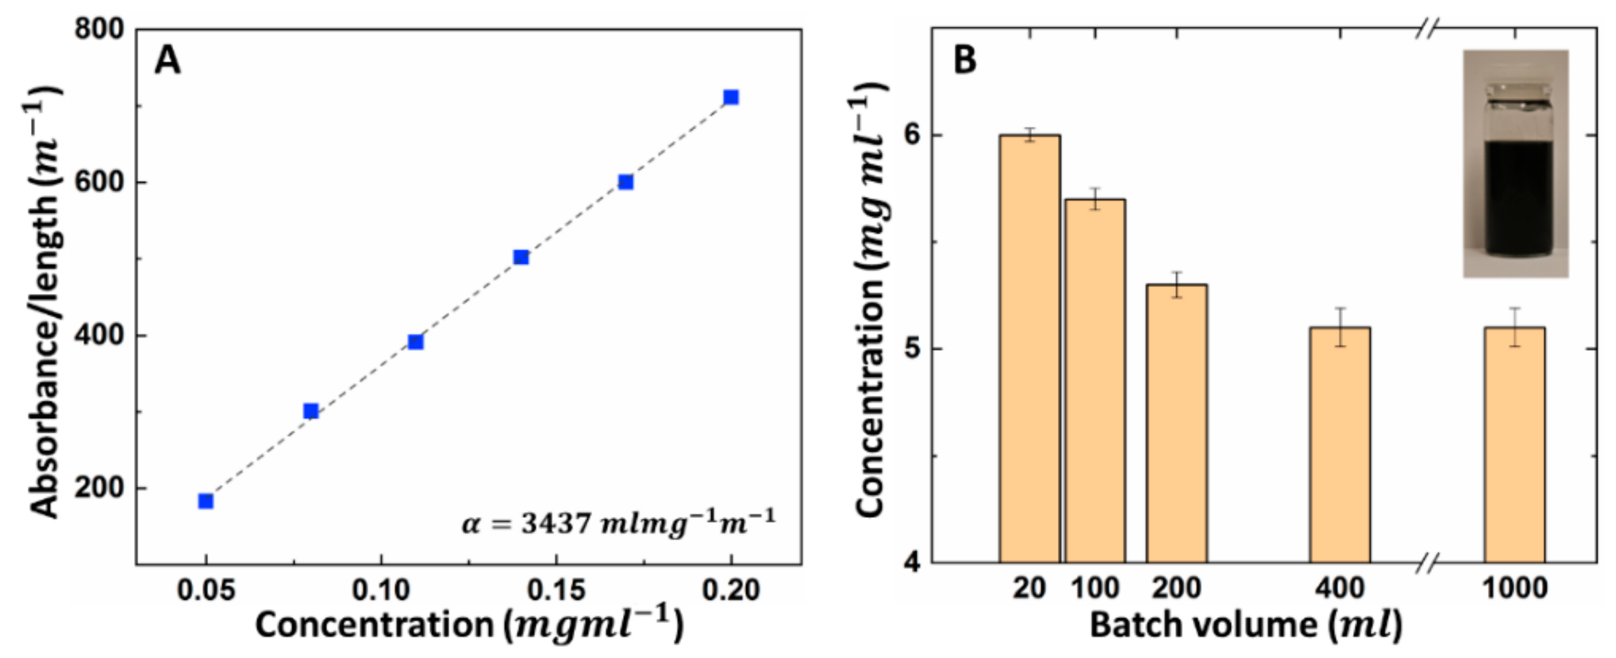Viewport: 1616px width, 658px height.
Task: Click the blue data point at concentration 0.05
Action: pos(206,501)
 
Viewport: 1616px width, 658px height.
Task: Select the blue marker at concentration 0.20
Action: pos(731,97)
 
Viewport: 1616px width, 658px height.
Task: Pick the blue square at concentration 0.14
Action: pos(521,257)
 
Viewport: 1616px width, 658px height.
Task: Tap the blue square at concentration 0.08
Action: pos(311,411)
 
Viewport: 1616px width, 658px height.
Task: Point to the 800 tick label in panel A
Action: pos(100,30)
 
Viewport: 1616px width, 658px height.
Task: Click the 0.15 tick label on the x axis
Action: pos(556,591)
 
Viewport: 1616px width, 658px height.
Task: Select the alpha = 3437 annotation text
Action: pos(619,521)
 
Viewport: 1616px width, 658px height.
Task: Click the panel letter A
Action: pos(167,61)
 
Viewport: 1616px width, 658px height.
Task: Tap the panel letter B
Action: pos(965,61)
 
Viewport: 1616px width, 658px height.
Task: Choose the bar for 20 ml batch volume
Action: pos(1030,348)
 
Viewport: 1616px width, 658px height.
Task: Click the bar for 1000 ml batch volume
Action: pos(1515,444)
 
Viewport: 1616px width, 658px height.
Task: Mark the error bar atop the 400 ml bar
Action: pos(1340,327)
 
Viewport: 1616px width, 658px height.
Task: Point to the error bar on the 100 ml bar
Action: pos(1095,199)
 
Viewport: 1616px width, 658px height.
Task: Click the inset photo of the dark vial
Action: pos(1516,163)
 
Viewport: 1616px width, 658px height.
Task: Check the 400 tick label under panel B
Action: pos(1340,589)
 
